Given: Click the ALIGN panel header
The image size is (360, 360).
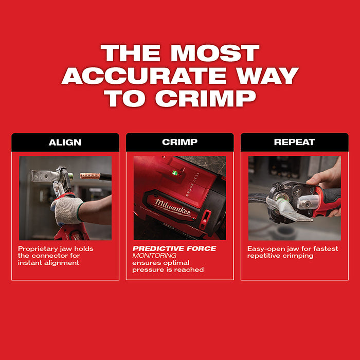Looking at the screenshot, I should [x=65, y=142].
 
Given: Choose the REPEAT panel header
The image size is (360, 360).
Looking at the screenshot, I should [x=294, y=142].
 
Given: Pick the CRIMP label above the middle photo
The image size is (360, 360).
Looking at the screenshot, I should [x=179, y=142].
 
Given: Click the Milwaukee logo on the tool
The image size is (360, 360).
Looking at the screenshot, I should [x=171, y=207].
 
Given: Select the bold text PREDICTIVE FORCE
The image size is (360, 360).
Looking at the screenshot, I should [x=174, y=249].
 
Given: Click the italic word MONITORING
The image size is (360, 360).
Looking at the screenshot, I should [x=154, y=256].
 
